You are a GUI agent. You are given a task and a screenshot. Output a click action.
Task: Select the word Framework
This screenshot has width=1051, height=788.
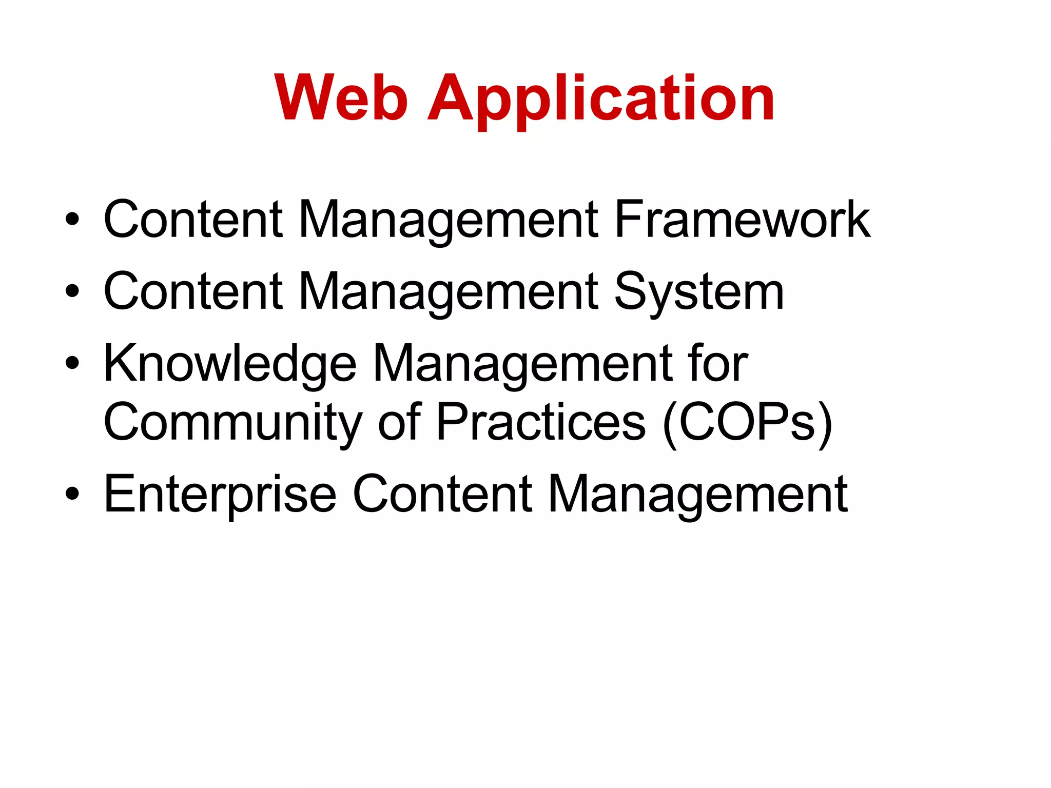[x=742, y=220]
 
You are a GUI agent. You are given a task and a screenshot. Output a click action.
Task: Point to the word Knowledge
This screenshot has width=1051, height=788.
[x=230, y=363]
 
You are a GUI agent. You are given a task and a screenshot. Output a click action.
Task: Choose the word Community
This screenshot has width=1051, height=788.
[x=233, y=422]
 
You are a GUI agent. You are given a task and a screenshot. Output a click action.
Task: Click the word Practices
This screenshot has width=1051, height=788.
[x=541, y=422]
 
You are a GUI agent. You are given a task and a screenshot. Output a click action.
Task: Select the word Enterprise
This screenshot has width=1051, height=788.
[x=220, y=494]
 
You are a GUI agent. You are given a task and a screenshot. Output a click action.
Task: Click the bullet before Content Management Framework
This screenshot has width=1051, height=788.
[x=72, y=220]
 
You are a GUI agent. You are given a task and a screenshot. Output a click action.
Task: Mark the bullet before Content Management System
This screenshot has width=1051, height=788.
[x=72, y=291]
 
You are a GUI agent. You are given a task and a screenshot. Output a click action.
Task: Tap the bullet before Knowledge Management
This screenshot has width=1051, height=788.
[x=72, y=363]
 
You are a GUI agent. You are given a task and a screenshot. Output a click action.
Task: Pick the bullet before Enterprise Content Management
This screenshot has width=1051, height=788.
[x=72, y=494]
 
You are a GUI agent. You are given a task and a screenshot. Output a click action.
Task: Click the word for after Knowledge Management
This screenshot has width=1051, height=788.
[x=718, y=363]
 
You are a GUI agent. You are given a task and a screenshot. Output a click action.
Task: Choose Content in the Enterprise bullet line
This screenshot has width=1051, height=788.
[x=443, y=494]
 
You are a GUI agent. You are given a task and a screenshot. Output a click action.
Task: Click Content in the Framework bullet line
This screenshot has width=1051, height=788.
[x=193, y=220]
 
